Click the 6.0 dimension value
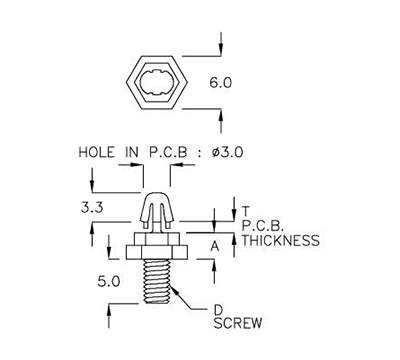222,84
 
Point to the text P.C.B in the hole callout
168,152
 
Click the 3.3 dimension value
91,207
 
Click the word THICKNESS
281,240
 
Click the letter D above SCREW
218,308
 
